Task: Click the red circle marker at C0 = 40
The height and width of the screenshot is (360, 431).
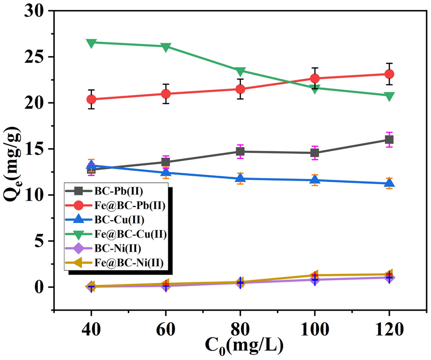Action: pos(91,99)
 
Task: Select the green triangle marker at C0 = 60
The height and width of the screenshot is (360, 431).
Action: pos(166,47)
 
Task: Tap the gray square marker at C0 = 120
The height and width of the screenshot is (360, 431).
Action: pos(389,140)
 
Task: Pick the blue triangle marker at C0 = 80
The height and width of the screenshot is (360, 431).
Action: pos(240,178)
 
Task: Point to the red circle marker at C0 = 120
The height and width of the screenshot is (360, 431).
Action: pos(389,74)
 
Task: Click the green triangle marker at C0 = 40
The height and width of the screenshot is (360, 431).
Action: pos(91,43)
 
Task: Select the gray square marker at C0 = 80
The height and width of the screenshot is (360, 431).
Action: pos(240,151)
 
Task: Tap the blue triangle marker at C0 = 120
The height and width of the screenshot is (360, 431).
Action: pos(389,182)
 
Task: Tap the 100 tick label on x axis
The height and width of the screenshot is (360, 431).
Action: pos(315,330)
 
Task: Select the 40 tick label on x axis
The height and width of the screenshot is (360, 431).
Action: pos(91,330)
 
